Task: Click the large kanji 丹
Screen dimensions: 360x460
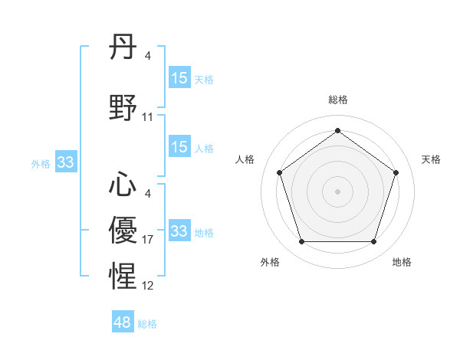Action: (123, 48)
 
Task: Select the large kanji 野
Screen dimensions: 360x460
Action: (123, 108)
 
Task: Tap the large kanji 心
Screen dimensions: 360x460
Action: (123, 185)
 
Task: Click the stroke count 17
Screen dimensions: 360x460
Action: (148, 241)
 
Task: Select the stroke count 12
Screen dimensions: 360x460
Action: (148, 286)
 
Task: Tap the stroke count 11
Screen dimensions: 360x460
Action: (148, 117)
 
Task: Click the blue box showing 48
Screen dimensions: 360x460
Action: (123, 322)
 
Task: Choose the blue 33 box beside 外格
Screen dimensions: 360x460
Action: (65, 162)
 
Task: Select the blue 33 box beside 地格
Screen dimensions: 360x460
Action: (179, 231)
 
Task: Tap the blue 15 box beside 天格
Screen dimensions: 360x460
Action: (179, 78)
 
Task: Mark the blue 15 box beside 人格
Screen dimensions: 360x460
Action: (179, 147)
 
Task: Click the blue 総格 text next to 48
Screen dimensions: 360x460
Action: (147, 324)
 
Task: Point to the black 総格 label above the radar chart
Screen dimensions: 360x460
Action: (337, 100)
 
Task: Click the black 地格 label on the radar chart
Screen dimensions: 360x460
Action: (402, 262)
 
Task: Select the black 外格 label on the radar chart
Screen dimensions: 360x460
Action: (270, 262)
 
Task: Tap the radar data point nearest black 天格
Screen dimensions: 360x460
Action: (396, 172)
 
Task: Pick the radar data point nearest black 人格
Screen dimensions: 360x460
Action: (279, 172)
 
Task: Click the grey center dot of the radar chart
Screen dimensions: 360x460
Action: (337, 191)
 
